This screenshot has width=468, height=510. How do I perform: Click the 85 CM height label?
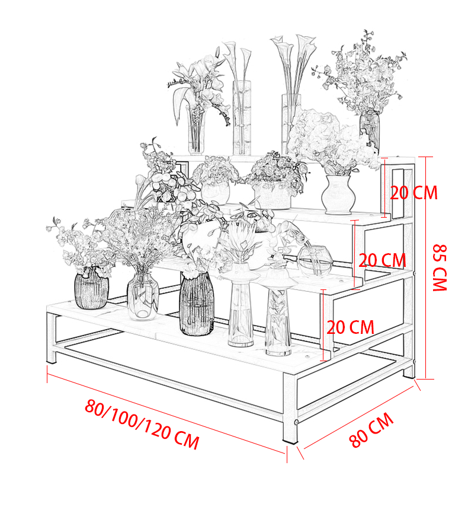tap(440, 267)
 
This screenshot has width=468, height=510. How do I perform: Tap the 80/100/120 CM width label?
tap(142, 424)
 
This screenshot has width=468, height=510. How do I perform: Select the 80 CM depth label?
tap(371, 430)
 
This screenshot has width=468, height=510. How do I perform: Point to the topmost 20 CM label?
tap(413, 193)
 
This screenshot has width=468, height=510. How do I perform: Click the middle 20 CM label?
tap(382, 260)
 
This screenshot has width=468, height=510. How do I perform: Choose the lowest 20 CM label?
tap(350, 327)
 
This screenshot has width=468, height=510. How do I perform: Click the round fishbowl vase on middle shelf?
tap(315, 261)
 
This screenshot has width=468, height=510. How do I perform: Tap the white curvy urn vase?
tap(338, 195)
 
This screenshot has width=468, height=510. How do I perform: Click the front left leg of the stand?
tap(52, 338)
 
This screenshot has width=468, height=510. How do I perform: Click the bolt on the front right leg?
tap(296, 422)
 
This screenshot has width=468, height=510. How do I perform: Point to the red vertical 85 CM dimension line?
tap(425, 268)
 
